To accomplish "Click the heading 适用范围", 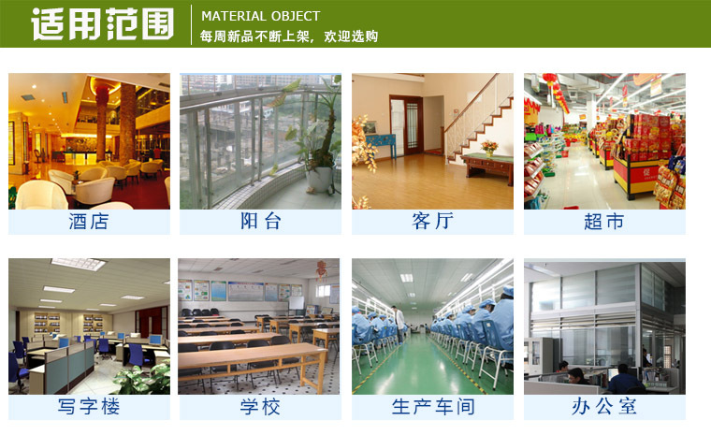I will (x=103, y=23).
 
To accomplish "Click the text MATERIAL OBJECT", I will (x=260, y=16).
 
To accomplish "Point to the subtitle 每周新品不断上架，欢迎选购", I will (x=289, y=36).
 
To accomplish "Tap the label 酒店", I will (x=89, y=222).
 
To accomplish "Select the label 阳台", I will (x=260, y=222).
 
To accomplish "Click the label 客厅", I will (x=432, y=222).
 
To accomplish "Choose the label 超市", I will (x=603, y=222).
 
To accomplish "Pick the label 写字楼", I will (x=89, y=407).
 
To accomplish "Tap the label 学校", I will (x=260, y=407).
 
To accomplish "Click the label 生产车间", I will (x=432, y=407).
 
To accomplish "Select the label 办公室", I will (x=603, y=407).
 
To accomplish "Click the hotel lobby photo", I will (x=89, y=140).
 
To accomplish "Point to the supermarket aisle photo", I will (x=603, y=140).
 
